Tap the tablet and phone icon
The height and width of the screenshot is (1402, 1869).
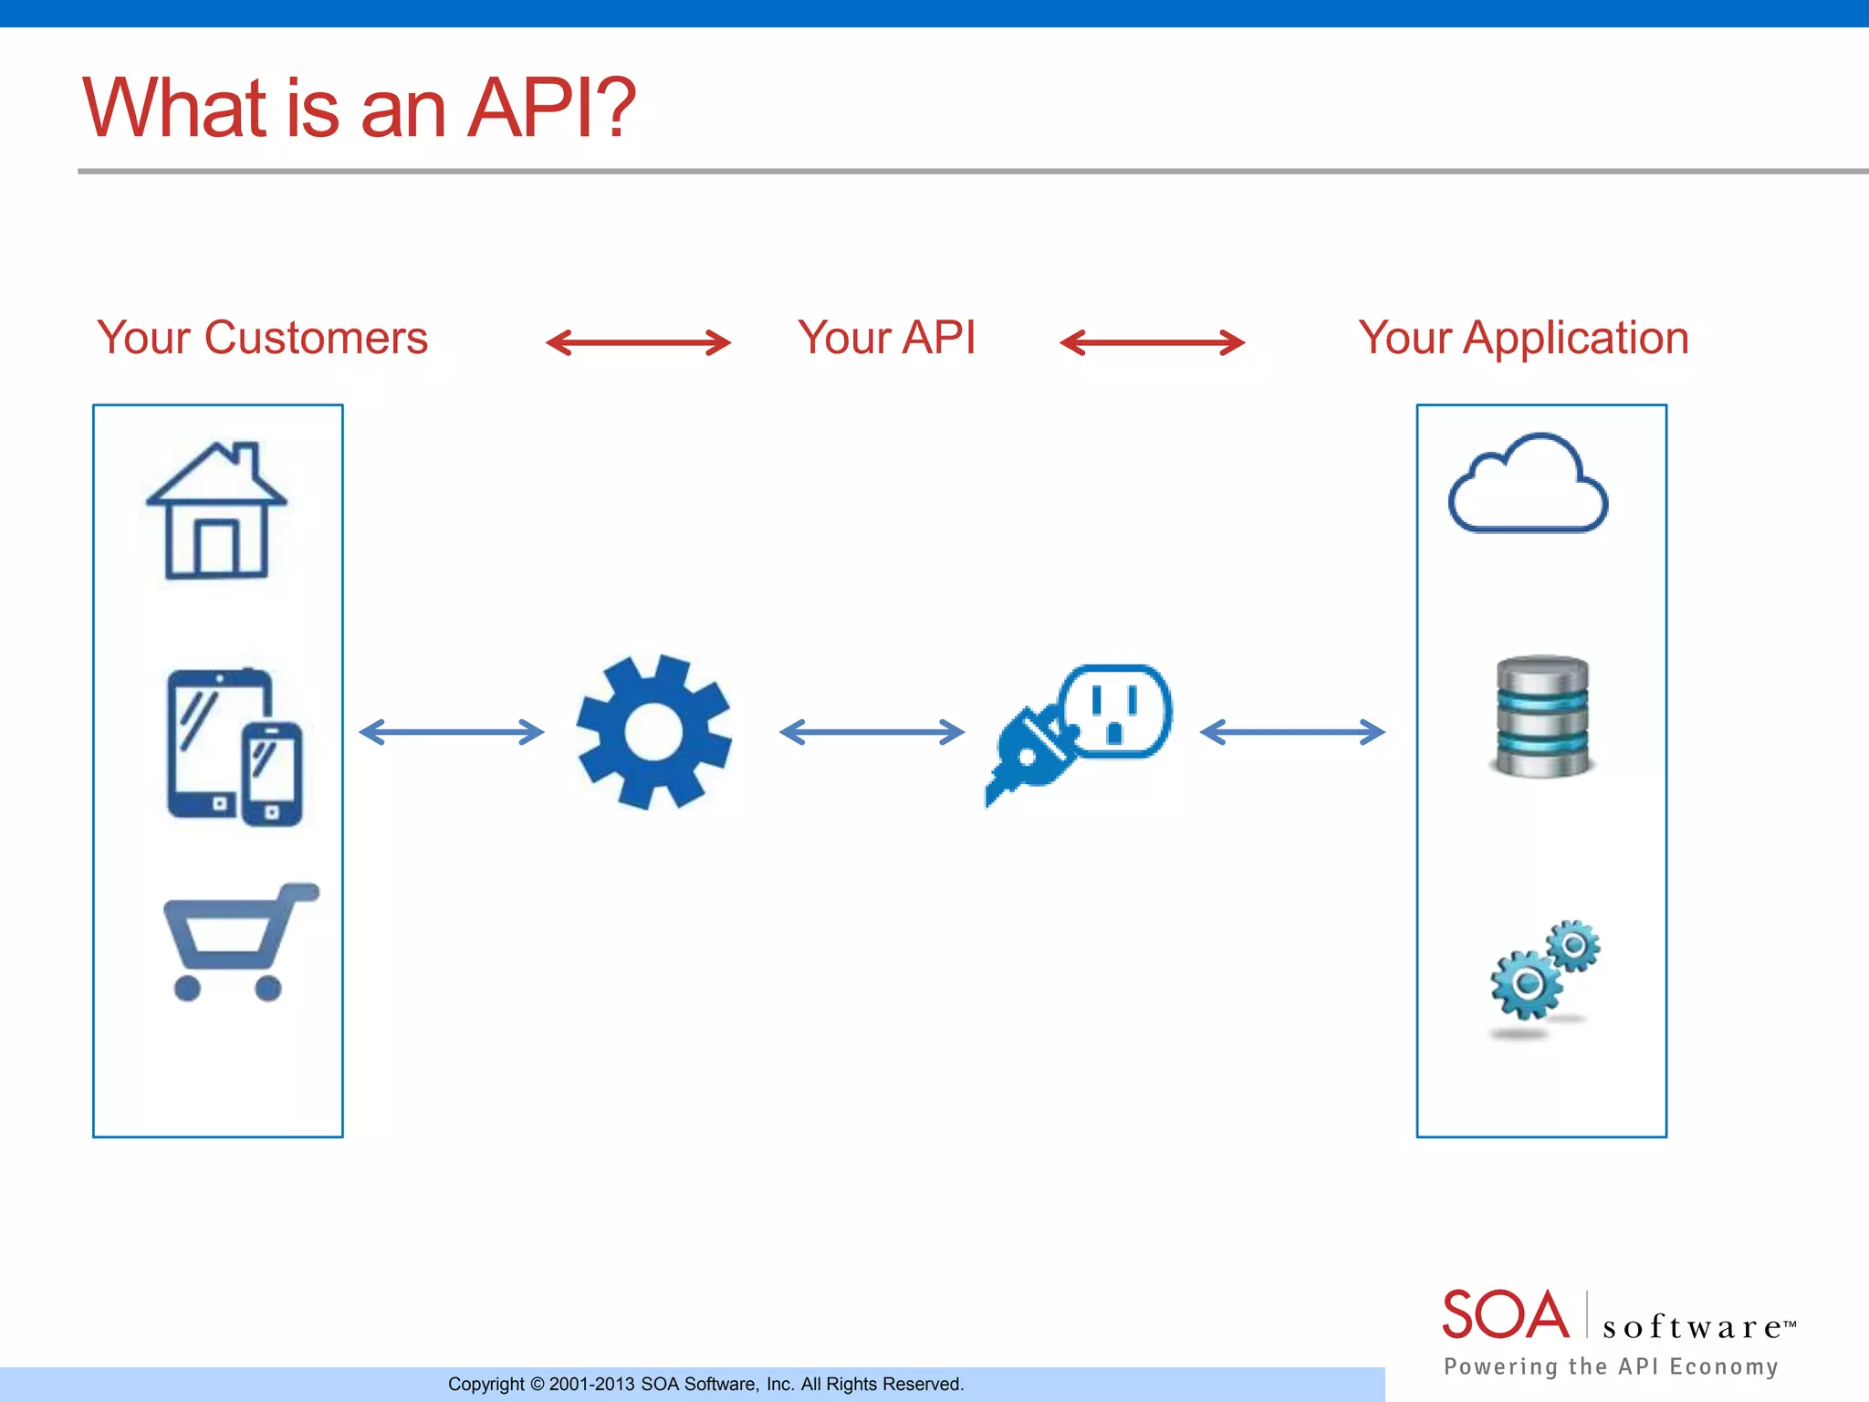pos(235,747)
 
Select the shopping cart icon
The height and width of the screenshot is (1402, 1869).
pos(239,942)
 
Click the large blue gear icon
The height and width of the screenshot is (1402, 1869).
pos(653,732)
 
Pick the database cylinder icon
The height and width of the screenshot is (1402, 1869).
pos(1542,717)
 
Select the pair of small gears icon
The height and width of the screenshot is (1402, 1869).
pos(1544,972)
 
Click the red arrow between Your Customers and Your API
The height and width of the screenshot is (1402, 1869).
pos(638,343)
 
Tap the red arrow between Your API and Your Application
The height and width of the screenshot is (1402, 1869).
pos(1152,343)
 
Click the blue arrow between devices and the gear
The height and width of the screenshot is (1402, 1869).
pos(452,732)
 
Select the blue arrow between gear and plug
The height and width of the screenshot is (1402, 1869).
pos(872,732)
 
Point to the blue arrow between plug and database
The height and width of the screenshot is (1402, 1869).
pos(1292,732)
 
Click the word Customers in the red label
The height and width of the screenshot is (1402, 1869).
pos(316,338)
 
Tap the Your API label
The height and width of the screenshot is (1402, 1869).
pos(886,338)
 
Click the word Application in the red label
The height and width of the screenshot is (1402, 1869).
pos(1575,338)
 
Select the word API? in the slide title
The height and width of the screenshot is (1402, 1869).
pos(551,108)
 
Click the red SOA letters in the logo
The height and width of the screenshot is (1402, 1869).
pos(1505,1315)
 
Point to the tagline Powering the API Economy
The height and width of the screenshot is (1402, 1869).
pos(1611,1366)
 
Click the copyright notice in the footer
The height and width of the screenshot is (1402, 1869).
pos(705,1384)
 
